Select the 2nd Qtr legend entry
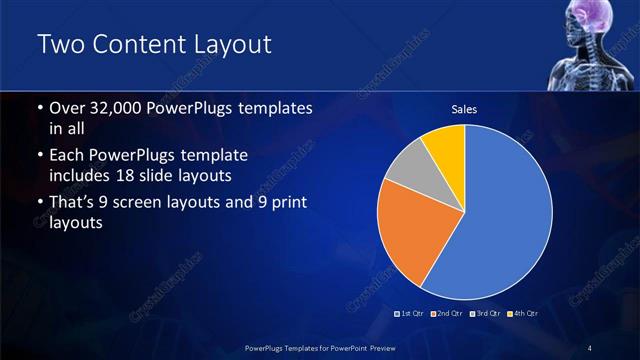coord(447,315)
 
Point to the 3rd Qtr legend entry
coord(484,315)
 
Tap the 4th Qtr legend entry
coord(521,315)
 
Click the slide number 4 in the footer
coord(590,347)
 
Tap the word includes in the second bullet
coord(84,177)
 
